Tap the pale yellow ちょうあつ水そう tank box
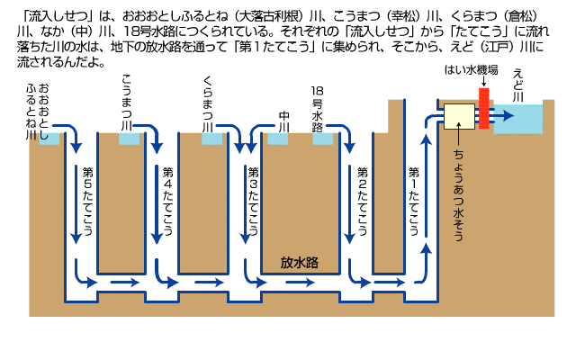click(459, 117)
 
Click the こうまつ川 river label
click(126, 104)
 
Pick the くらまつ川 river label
click(208, 104)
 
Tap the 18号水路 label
click(317, 109)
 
